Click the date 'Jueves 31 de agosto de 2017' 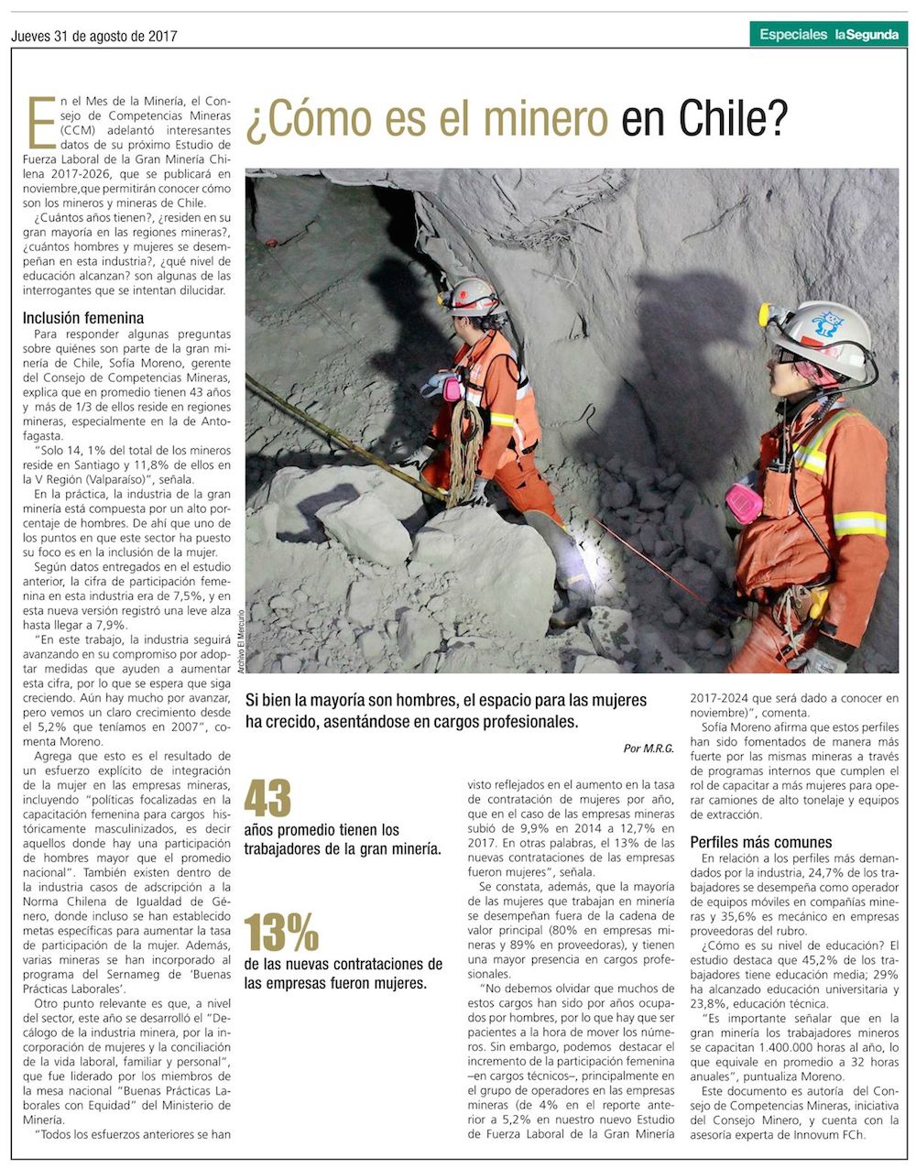[94, 37]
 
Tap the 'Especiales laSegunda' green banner [828, 35]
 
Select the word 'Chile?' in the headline [733, 119]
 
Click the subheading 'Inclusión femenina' [83, 318]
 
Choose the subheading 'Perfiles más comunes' [760, 842]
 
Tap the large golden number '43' [267, 799]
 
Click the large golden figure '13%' [281, 934]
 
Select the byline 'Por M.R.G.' [649, 748]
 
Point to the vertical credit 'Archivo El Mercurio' [239, 642]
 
